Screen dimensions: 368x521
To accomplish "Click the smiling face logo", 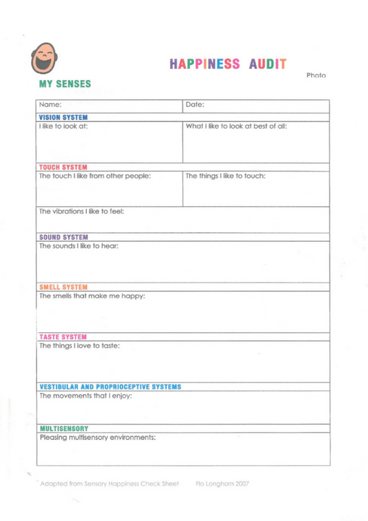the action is click(x=46, y=59).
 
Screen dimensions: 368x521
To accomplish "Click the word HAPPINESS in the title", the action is click(x=204, y=63).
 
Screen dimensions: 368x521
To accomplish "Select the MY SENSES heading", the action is click(x=65, y=84).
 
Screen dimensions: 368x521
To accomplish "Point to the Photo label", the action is click(x=316, y=74).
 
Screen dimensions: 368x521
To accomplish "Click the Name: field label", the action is click(x=51, y=105).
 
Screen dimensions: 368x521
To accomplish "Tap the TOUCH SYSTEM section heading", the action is click(x=63, y=166).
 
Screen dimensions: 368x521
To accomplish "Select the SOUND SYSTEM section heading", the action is click(x=64, y=236).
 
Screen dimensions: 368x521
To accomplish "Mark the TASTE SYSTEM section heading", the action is click(x=62, y=336).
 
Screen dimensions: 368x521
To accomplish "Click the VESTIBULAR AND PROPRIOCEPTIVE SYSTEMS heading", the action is click(x=110, y=387).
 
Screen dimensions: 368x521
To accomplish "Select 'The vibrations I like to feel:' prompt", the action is click(x=81, y=212).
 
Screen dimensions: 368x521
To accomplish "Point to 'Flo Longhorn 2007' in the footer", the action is click(x=222, y=484).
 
